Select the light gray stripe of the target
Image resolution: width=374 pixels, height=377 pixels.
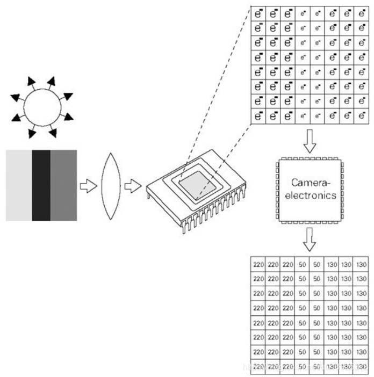point(19,185)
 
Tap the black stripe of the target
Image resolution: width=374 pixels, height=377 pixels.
point(41,185)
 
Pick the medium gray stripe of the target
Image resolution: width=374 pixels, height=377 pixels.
point(63,185)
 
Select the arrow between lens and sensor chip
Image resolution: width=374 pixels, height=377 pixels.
point(132,186)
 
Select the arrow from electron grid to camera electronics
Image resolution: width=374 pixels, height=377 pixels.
point(311,140)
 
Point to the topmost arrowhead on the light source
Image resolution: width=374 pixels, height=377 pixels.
point(52,81)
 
